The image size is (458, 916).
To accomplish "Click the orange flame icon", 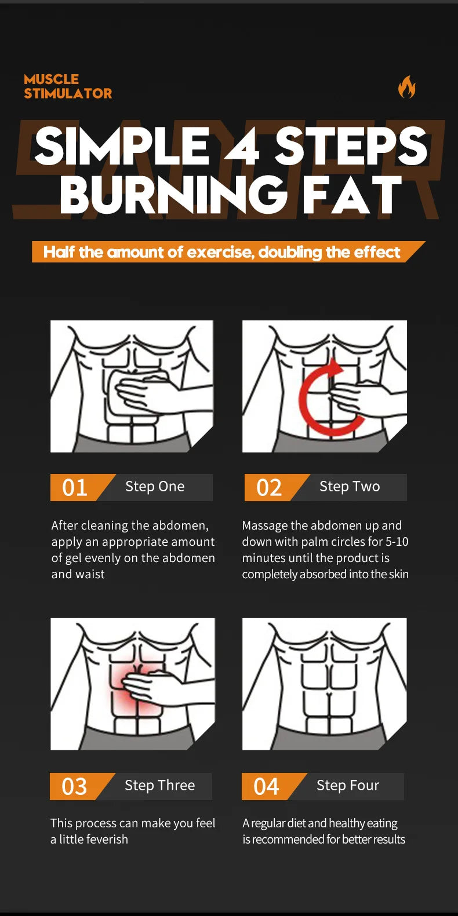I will pyautogui.click(x=406, y=87).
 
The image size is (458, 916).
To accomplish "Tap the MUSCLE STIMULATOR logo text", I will pyautogui.click(x=67, y=86).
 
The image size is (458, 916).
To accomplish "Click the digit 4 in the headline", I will pyautogui.click(x=242, y=147).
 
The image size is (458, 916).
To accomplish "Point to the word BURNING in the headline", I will pyautogui.click(x=174, y=195).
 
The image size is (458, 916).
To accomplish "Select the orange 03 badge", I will pyautogui.click(x=75, y=786).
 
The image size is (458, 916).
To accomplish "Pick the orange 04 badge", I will pyautogui.click(x=267, y=786).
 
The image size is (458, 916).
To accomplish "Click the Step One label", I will pyautogui.click(x=155, y=487).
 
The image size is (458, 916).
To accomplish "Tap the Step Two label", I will pyautogui.click(x=350, y=487).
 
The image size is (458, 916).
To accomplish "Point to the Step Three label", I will pyautogui.click(x=159, y=785).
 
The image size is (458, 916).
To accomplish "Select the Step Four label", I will pyautogui.click(x=348, y=785).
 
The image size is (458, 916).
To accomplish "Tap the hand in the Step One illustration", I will pyautogui.click(x=145, y=394).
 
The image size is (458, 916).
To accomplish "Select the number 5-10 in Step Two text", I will pyautogui.click(x=397, y=542).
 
